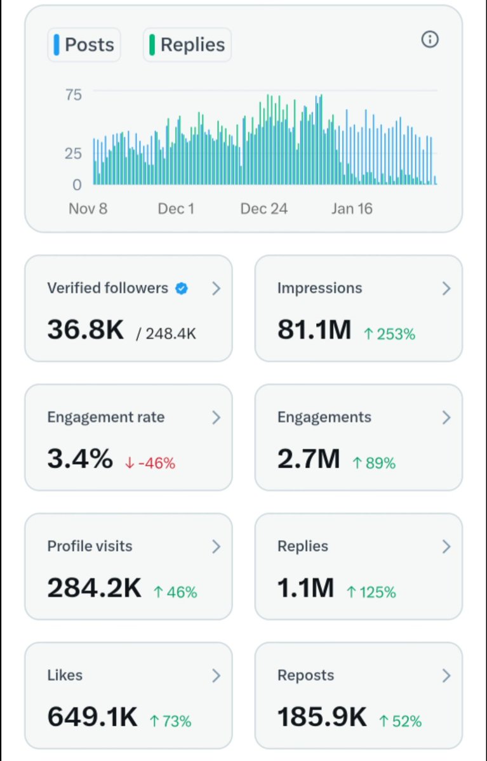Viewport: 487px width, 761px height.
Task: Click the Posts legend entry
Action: (x=84, y=45)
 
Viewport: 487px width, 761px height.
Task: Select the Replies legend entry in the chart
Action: (x=187, y=45)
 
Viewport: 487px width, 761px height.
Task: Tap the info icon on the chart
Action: (x=430, y=40)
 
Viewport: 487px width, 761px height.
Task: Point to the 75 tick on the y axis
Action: (x=73, y=95)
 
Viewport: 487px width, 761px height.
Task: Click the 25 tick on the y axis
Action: (x=73, y=153)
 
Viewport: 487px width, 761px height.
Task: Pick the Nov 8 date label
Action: (x=88, y=209)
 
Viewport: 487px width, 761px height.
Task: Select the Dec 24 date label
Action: (x=264, y=209)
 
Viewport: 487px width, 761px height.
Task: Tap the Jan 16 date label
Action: (x=351, y=209)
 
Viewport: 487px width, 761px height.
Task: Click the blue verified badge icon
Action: (x=182, y=289)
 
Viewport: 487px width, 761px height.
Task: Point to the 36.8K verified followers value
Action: (x=86, y=330)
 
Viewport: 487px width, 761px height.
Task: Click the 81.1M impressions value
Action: (x=314, y=330)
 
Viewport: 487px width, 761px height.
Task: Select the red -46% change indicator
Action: (x=150, y=463)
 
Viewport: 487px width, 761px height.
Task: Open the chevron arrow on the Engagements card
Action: (x=446, y=418)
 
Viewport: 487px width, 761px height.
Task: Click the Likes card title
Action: (x=65, y=675)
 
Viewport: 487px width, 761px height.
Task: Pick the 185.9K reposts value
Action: (x=322, y=717)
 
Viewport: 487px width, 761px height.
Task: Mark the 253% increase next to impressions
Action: (x=389, y=334)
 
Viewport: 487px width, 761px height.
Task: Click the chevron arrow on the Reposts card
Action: (x=446, y=675)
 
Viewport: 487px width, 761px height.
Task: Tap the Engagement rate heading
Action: (x=105, y=417)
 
